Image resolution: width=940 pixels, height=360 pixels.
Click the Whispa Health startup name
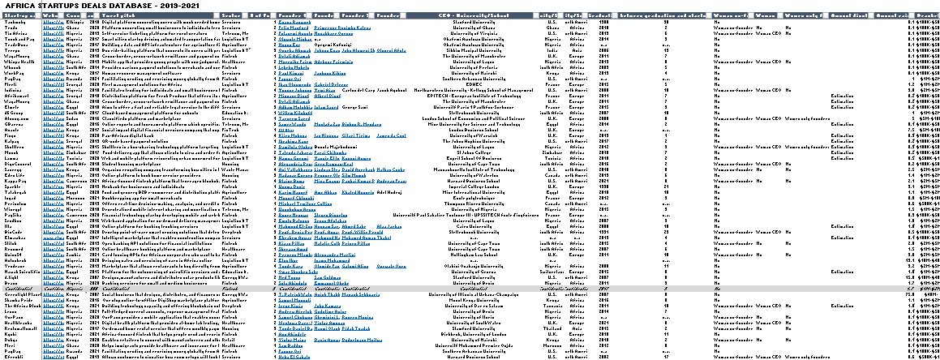click(x=18, y=61)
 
